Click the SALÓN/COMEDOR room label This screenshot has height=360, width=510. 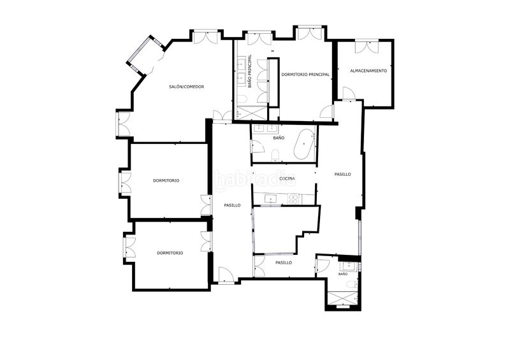pos(186,87)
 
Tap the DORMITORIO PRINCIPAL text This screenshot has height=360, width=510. pos(305,75)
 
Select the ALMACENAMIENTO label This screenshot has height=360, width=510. pos(368,71)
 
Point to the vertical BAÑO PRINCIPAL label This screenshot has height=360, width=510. pos(250,71)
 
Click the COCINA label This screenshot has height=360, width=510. pos(288,178)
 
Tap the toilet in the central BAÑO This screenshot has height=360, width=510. pos(275,155)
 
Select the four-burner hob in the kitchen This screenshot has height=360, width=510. pos(293,199)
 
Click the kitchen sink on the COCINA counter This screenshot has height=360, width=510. pos(270,199)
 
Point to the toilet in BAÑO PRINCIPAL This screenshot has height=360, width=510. pos(242,99)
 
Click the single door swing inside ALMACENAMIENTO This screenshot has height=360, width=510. pos(348,93)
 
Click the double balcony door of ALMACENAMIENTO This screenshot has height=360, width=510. pos(367,47)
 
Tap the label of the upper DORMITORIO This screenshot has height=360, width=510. pos(166,180)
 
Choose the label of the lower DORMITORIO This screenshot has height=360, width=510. pos(170,253)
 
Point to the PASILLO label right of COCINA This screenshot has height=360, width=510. pos(342,175)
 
